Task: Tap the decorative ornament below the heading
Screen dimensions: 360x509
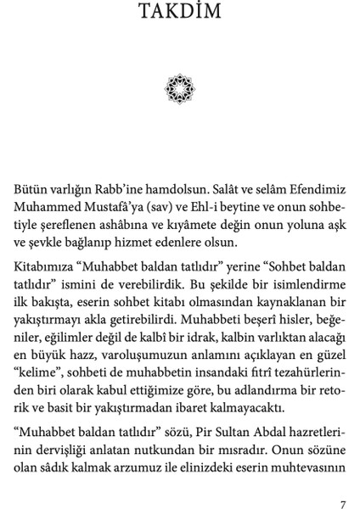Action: (180, 87)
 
